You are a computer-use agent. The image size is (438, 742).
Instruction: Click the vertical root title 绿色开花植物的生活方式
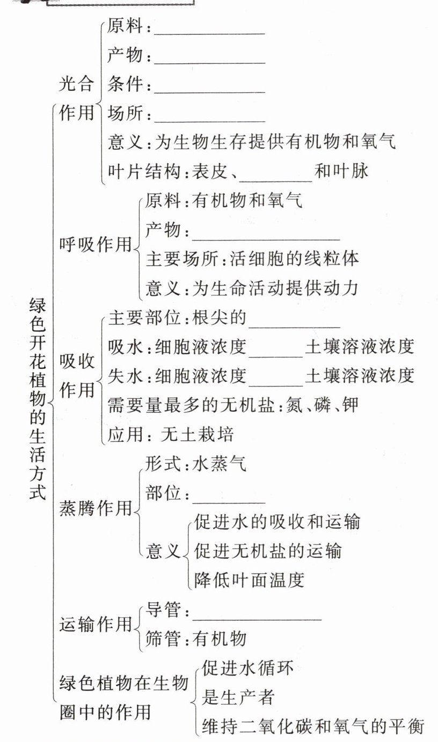pos(38,400)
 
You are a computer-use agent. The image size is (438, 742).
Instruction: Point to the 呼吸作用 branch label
pos(95,244)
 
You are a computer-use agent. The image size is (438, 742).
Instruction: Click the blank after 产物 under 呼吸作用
pos(265,237)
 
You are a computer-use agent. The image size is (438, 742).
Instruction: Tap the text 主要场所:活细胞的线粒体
pos(252,259)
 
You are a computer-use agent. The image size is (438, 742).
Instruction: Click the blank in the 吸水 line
pos(276,353)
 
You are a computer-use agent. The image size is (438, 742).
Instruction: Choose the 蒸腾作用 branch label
pos(95,507)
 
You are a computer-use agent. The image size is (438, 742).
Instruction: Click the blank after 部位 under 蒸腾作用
pos(229,500)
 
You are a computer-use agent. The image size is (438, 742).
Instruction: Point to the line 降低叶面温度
pos(250,579)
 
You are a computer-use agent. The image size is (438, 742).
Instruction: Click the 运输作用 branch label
pos(95,624)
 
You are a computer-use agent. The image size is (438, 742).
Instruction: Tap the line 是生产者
pos(238,697)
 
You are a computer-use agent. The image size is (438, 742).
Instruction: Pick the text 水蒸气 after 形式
pos(220,463)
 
